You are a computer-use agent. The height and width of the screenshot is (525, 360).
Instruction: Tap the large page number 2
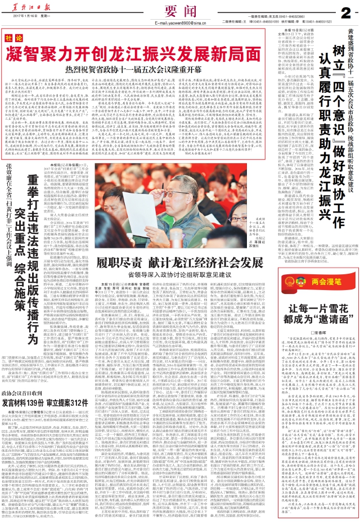[348, 11]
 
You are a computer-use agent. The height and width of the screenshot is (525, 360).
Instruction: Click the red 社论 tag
[11, 38]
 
